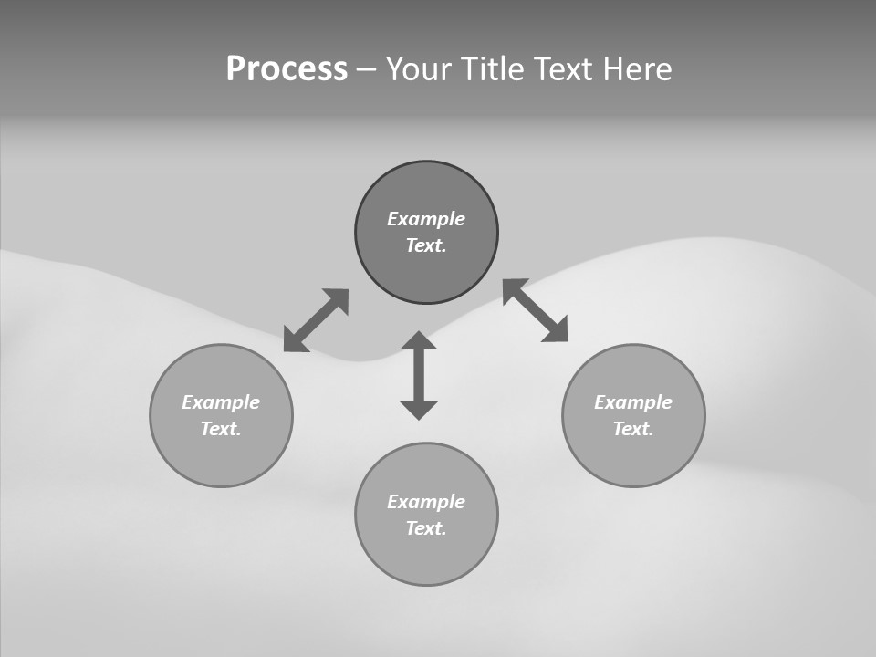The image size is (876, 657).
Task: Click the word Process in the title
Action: coord(287,69)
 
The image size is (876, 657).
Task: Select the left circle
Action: coord(221,456)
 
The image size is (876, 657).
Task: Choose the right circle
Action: coord(633,456)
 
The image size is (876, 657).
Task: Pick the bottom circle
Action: coord(426,557)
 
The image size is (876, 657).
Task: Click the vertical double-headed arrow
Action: coord(419,375)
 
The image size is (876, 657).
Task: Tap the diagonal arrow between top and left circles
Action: coord(316,320)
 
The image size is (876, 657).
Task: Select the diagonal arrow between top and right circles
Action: coord(536,310)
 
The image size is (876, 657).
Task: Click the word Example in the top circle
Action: coord(426,219)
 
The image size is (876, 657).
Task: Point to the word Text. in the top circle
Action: coord(426,245)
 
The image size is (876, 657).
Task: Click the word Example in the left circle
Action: coord(221,402)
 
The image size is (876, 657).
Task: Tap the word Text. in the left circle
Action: coord(221,429)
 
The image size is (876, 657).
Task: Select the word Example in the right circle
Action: coord(633,402)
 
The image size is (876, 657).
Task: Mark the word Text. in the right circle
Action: coord(633,429)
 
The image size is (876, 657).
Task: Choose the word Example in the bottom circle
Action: coord(426,502)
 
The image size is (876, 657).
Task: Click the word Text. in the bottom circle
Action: coord(426,528)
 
